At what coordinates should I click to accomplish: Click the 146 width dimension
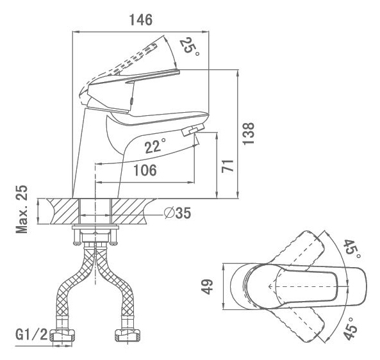(141, 20)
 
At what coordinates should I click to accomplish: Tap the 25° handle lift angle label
(190, 47)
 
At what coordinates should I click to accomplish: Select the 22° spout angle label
(156, 146)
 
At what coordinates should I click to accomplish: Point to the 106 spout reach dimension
(145, 170)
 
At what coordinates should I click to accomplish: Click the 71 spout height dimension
(227, 166)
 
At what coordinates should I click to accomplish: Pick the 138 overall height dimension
(249, 134)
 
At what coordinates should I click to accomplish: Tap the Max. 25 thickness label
(22, 209)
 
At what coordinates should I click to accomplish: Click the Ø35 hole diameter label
(178, 213)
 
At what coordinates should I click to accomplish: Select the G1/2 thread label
(32, 335)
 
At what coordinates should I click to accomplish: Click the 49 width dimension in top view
(208, 286)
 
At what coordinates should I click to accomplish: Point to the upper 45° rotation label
(352, 249)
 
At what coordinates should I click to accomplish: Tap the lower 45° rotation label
(351, 328)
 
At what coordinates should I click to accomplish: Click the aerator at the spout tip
(193, 129)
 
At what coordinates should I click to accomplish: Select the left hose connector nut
(62, 336)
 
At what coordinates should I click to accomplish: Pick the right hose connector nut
(128, 336)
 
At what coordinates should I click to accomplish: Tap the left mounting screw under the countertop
(77, 236)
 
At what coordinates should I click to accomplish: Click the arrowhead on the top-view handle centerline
(270, 286)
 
